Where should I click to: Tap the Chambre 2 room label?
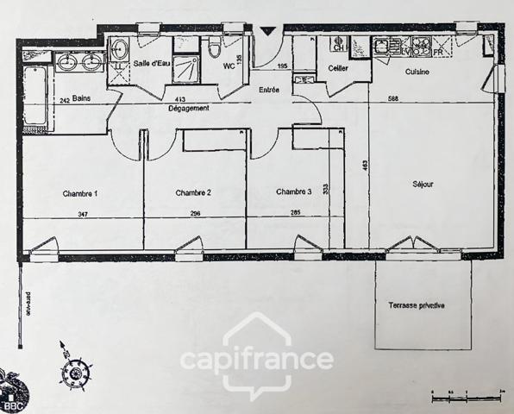pyautogui.click(x=193, y=192)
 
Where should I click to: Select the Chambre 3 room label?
pyautogui.click(x=296, y=191)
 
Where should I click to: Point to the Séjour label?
pyautogui.click(x=422, y=185)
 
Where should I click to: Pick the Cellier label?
pyautogui.click(x=337, y=69)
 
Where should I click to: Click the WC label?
pyautogui.click(x=229, y=65)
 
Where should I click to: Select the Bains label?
pyautogui.click(x=83, y=98)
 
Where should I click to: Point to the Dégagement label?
pyautogui.click(x=188, y=108)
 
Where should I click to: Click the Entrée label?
pyautogui.click(x=269, y=89)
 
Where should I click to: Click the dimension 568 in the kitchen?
pyautogui.click(x=394, y=98)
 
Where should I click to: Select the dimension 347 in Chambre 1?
pyautogui.click(x=83, y=213)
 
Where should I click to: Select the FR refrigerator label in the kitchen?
pyautogui.click(x=438, y=52)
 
